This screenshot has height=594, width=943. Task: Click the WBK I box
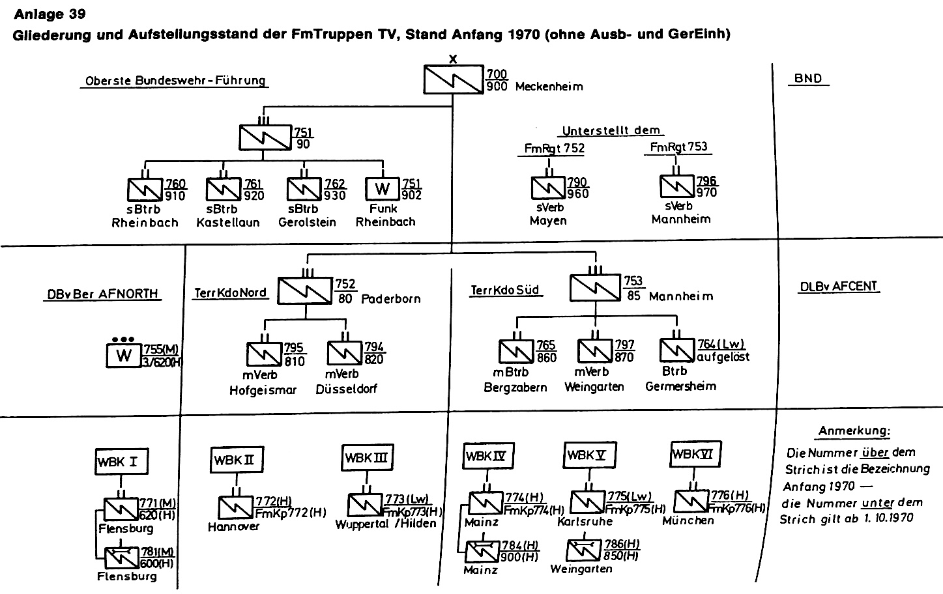click(x=119, y=462)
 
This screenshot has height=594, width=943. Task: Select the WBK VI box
click(x=696, y=454)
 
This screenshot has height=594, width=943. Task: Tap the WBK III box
click(x=368, y=457)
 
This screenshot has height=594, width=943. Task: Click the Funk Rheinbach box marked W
click(x=383, y=189)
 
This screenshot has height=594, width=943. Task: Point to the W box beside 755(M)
click(x=124, y=355)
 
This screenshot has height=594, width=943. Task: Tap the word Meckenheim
click(x=549, y=87)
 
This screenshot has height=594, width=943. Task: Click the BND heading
click(x=807, y=79)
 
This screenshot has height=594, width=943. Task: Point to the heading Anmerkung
click(x=854, y=431)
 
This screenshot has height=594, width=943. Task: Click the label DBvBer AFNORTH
click(x=102, y=294)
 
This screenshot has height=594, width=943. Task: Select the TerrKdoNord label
click(x=230, y=293)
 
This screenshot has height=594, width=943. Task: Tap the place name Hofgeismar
click(x=263, y=390)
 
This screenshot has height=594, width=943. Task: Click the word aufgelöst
click(x=723, y=357)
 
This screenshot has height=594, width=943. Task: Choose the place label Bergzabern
click(x=515, y=387)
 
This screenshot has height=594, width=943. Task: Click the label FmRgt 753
click(x=678, y=147)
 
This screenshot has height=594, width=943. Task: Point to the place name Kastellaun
click(x=227, y=222)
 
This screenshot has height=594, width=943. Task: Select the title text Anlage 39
click(x=50, y=13)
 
